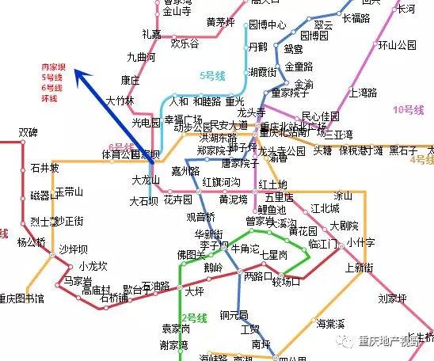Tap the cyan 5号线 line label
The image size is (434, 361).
212,76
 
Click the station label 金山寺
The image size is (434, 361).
177,13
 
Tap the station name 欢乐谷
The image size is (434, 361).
184,44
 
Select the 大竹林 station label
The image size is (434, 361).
120,101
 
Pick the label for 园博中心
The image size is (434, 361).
267,25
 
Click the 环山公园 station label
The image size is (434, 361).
397,44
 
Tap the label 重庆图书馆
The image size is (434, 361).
21,299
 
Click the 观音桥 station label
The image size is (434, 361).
200,216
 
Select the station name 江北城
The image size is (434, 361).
325,208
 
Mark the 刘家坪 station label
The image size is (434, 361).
392,298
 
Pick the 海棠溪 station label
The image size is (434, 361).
332,323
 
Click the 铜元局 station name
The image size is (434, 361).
235,313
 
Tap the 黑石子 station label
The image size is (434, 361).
402,150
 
